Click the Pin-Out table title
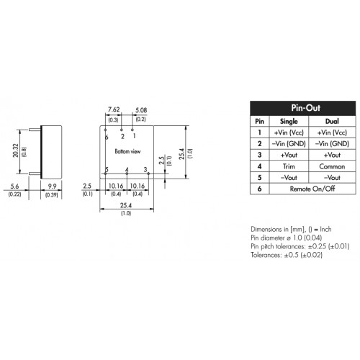pos(305,108)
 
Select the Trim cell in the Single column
pos(289,166)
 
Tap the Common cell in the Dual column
pos(332,166)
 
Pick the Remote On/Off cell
pos(312,189)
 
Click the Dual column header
pos(332,121)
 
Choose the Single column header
pos(289,121)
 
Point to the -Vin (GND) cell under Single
pos(289,143)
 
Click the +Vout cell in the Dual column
pos(332,155)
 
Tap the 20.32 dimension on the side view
pos(16,150)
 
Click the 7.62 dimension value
pos(114,109)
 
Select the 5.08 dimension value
pos(141,110)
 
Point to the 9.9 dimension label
pos(52,186)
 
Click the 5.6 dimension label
pos(14,186)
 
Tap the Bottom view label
pos(127,151)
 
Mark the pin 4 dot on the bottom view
pos(127,174)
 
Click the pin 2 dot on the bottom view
pos(122,130)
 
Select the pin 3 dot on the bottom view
pos(148,174)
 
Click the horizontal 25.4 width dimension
pos(126,205)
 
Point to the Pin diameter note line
pos(286,238)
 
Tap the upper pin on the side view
pos(35,130)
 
